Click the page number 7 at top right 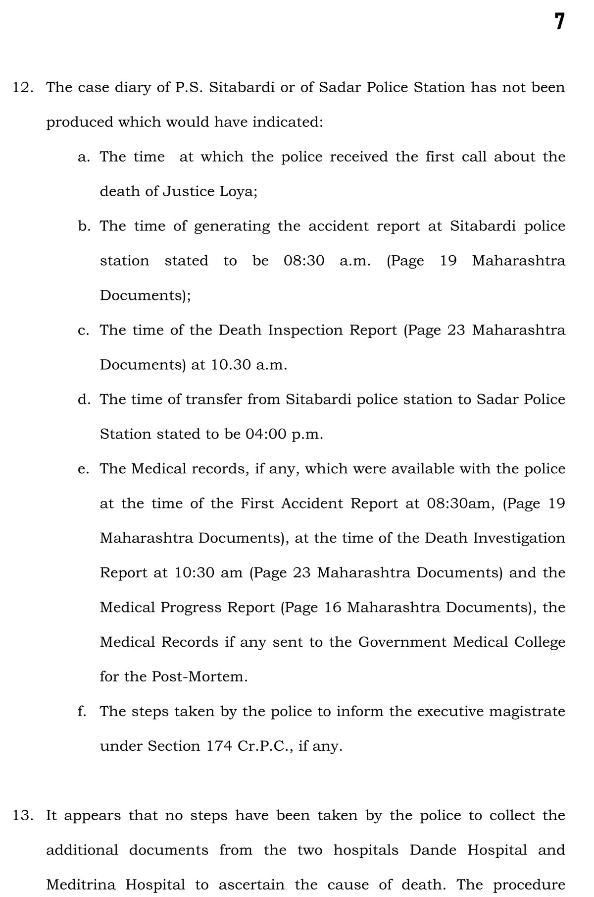tap(559, 22)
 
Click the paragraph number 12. tap(23, 88)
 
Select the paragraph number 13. tap(23, 815)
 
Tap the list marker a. tap(84, 157)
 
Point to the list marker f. tap(82, 711)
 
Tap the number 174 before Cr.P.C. tap(219, 746)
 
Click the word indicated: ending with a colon tap(288, 122)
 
